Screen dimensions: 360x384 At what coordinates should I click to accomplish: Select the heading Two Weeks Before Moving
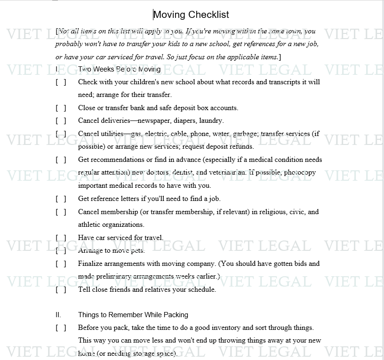tap(119, 69)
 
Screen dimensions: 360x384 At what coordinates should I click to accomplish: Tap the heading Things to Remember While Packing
tap(133, 315)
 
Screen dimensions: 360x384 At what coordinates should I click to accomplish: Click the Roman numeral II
tap(58, 315)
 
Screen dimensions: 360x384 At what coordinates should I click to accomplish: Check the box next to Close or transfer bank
tap(61, 108)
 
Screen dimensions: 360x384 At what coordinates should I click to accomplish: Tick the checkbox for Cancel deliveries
tap(61, 120)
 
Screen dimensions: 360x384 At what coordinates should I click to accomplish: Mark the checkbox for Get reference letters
tap(61, 199)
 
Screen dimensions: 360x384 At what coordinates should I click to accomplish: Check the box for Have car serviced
tap(61, 238)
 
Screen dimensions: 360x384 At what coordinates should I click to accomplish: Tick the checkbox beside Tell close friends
tap(61, 289)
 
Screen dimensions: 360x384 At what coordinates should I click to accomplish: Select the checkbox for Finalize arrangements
tap(61, 264)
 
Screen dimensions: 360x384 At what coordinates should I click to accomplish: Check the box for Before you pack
tap(61, 328)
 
